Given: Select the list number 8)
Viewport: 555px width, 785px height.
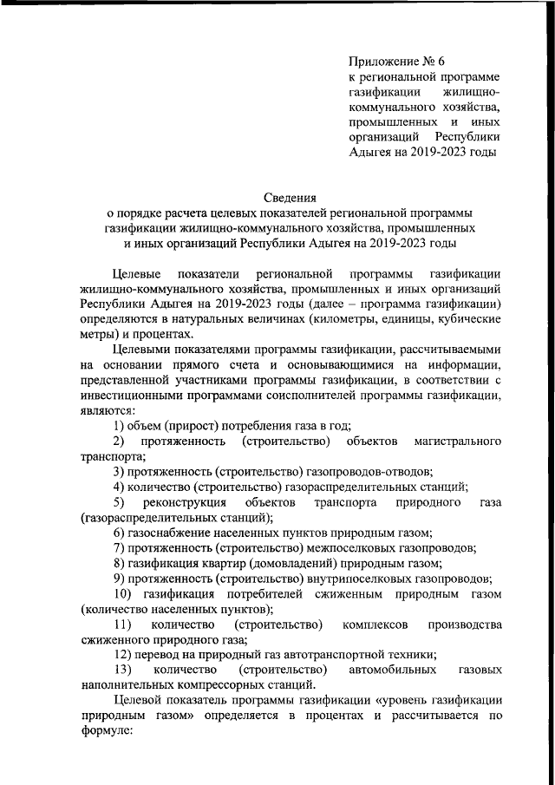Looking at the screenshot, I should click(120, 564).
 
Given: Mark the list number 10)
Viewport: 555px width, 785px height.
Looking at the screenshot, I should click(122, 594).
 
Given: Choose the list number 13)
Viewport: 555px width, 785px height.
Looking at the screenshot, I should click(122, 671).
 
